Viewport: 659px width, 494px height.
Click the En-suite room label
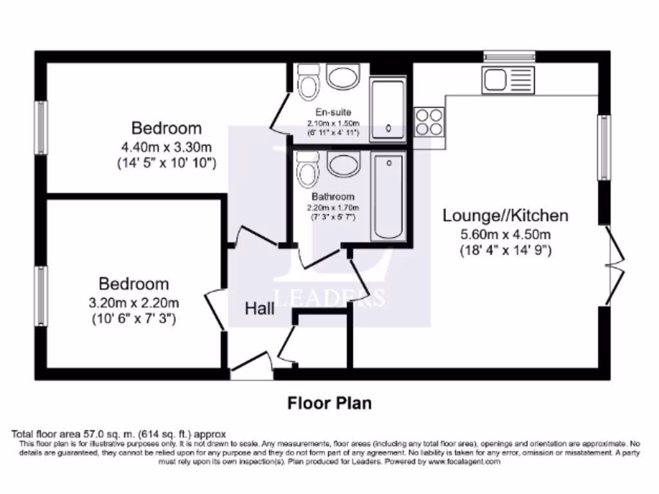click(333, 113)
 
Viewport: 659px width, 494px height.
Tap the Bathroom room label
click(333, 197)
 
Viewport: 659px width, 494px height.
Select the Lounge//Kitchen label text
click(505, 215)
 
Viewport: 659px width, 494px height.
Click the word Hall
click(259, 309)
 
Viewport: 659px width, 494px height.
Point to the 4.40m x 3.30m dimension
click(166, 146)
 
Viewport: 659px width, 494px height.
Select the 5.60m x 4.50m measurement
click(505, 234)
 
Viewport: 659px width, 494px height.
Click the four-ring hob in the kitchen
click(429, 122)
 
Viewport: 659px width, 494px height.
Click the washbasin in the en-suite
click(344, 77)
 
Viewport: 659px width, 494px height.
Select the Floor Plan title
click(329, 403)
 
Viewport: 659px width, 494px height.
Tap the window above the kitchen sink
click(509, 57)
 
